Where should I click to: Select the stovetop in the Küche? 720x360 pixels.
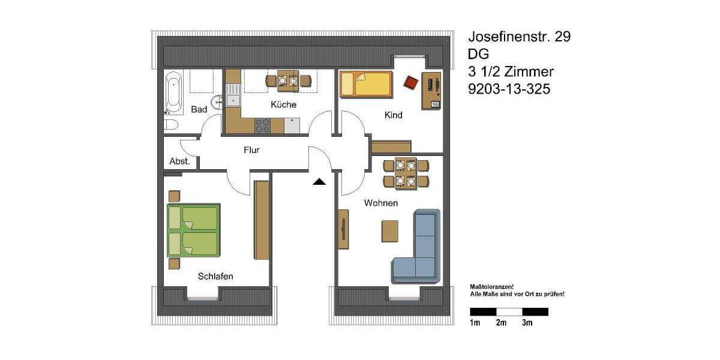tap(263, 125)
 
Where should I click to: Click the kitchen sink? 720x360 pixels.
tap(233, 100)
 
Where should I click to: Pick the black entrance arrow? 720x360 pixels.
tap(319, 181)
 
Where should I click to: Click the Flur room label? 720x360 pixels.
tap(252, 150)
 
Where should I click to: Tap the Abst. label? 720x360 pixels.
tap(179, 161)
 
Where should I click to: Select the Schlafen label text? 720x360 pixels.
tap(215, 276)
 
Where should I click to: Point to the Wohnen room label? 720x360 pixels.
tap(381, 203)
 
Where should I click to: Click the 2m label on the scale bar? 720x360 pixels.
tap(501, 323)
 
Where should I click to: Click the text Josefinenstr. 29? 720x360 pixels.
tap(519, 37)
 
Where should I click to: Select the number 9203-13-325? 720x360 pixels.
tap(509, 89)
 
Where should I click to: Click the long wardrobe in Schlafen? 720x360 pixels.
tap(261, 220)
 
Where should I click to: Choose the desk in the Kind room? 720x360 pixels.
tap(431, 91)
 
